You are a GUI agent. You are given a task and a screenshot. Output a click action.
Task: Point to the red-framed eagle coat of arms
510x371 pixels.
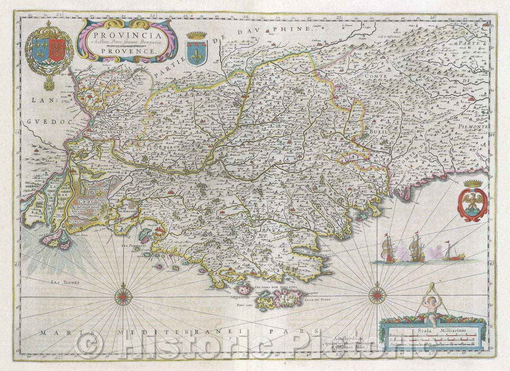[472, 203]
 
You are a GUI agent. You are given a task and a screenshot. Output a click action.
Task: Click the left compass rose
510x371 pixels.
[123, 296]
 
